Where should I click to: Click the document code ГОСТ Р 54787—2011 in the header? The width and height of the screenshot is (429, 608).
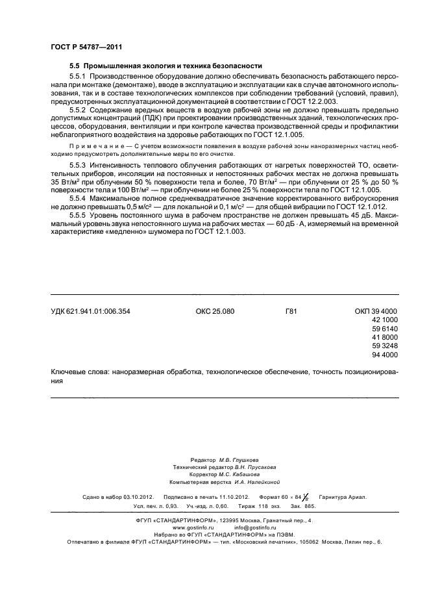coord(86,47)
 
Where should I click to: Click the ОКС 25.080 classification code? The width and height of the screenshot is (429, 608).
coord(214,312)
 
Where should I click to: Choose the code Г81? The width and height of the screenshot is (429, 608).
coord(291,312)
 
